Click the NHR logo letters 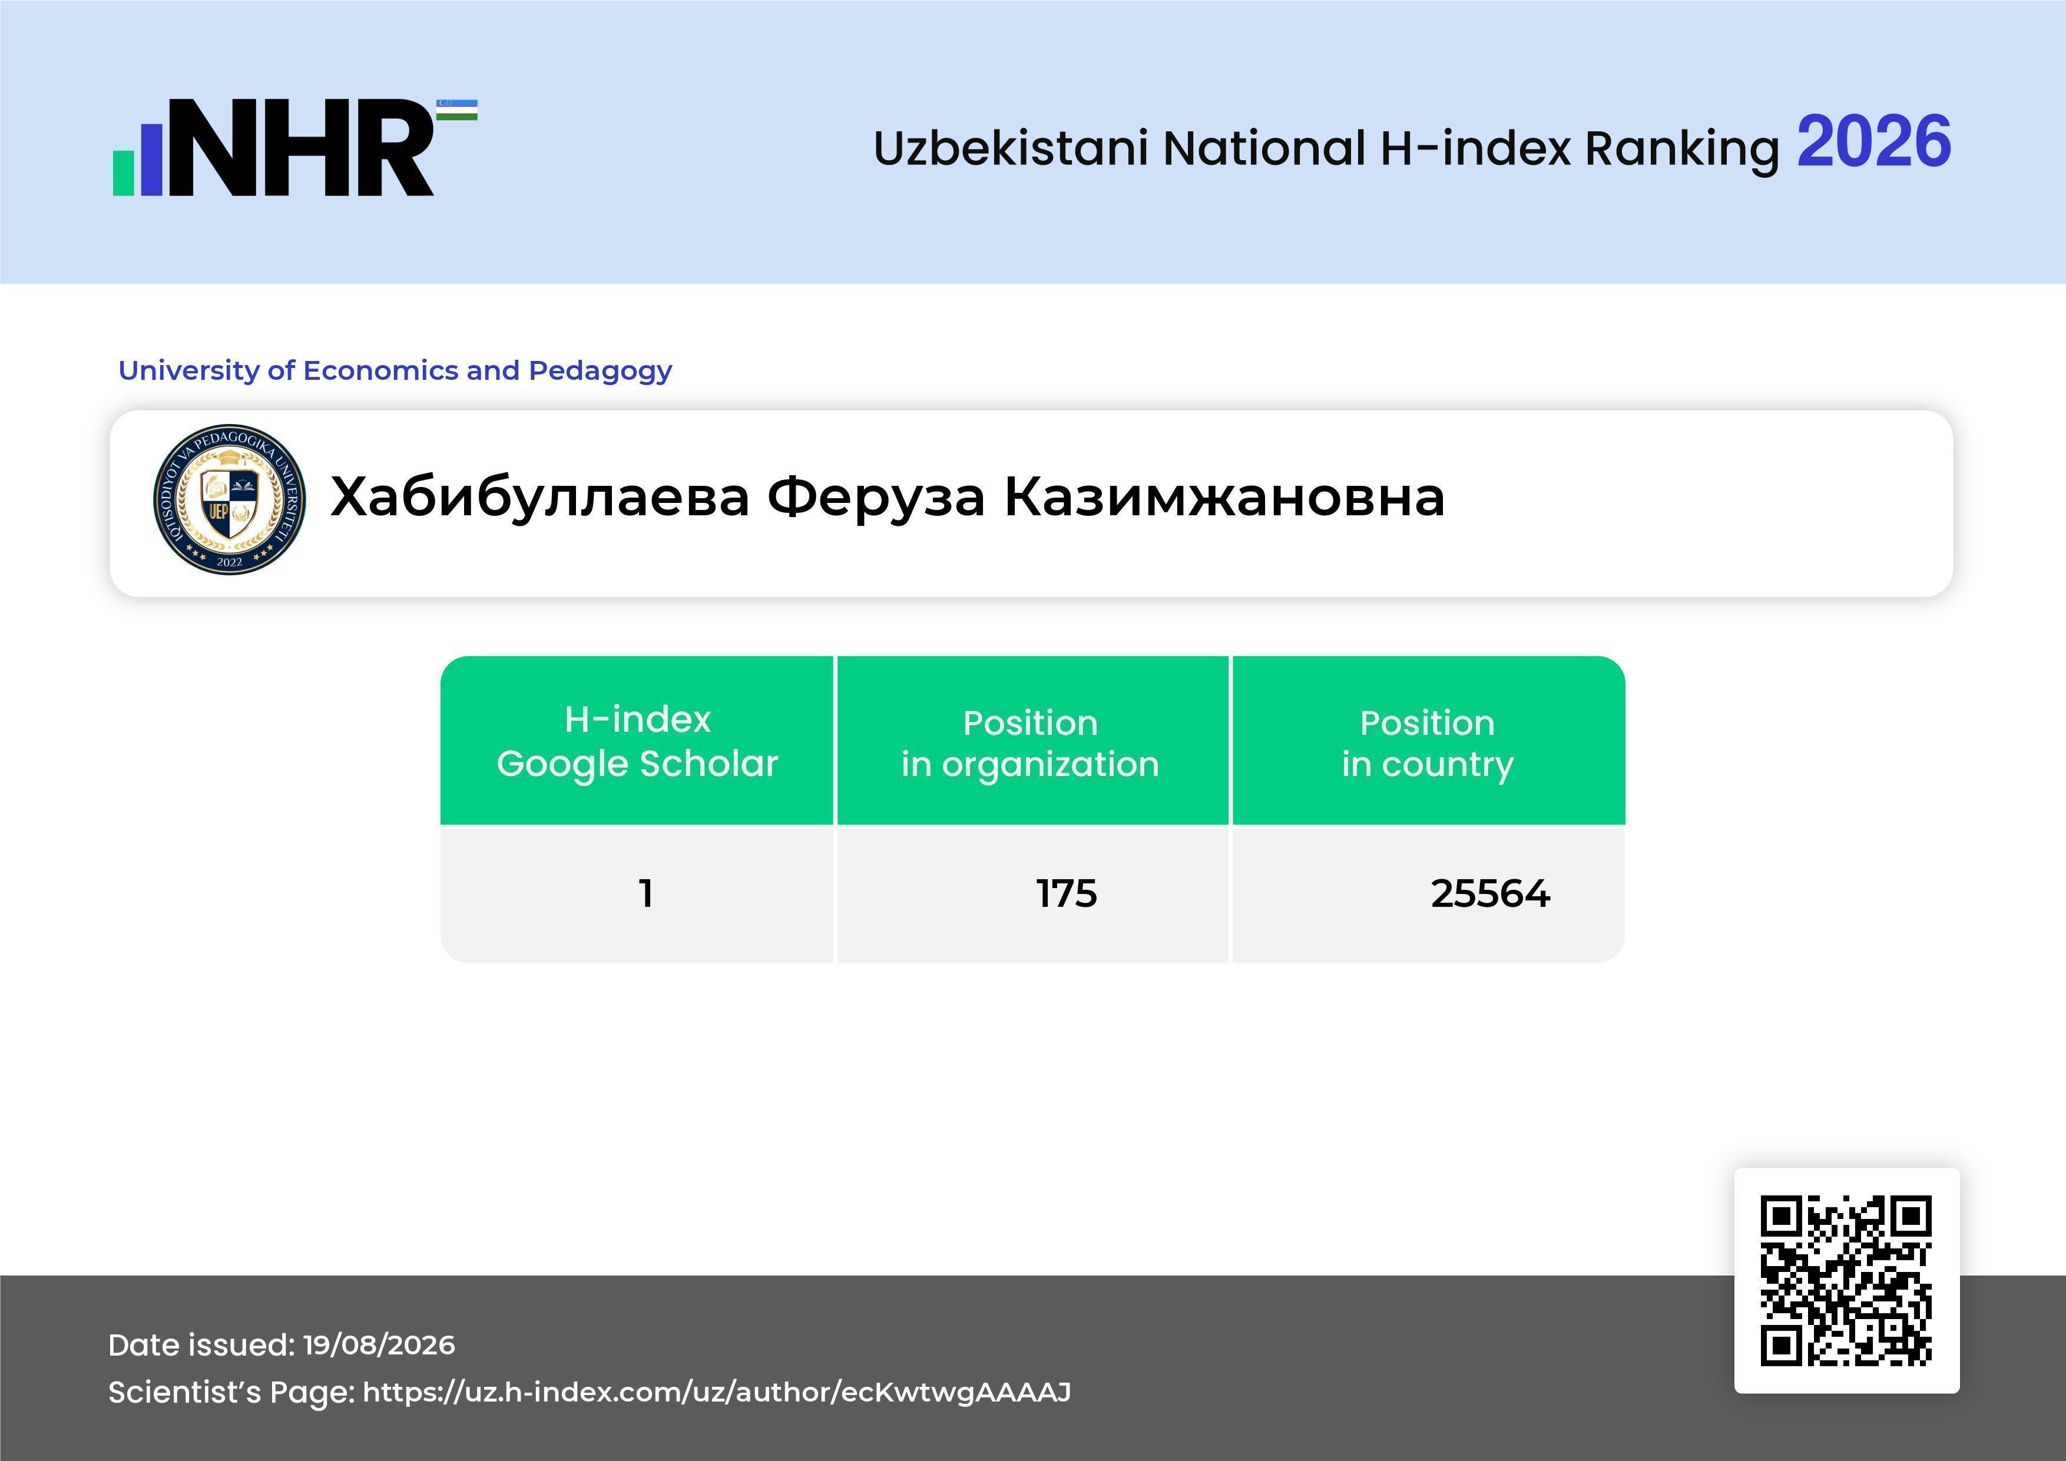pyautogui.click(x=302, y=148)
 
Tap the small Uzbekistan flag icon pyautogui.click(x=457, y=110)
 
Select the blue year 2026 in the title pyautogui.click(x=1873, y=142)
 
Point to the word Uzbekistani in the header pyautogui.click(x=1011, y=148)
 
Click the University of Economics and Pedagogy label pyautogui.click(x=395, y=370)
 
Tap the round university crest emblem pyautogui.click(x=230, y=500)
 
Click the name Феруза pyautogui.click(x=876, y=498)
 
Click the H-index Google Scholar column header pyautogui.click(x=637, y=741)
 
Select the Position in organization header pyautogui.click(x=1030, y=743)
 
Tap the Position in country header pyautogui.click(x=1427, y=743)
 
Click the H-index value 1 pyautogui.click(x=645, y=893)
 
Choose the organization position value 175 pyautogui.click(x=1067, y=893)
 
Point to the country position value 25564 pyautogui.click(x=1490, y=893)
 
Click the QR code pyautogui.click(x=1846, y=1280)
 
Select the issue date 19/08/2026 pyautogui.click(x=379, y=1345)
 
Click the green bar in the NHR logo pyautogui.click(x=123, y=173)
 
